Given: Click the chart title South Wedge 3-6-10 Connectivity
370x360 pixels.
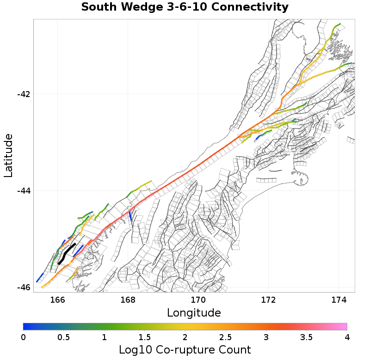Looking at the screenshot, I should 185,7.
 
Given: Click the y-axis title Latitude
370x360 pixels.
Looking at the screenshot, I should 8,155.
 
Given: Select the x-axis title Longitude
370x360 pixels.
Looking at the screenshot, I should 194,313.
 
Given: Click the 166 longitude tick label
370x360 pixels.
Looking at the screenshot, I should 57,300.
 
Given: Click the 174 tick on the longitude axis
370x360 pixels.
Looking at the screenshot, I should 339,300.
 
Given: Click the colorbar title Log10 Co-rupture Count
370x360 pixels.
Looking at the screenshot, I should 185,350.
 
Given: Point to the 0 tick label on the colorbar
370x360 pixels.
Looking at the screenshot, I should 23,337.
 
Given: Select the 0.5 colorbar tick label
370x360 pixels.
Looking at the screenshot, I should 63,337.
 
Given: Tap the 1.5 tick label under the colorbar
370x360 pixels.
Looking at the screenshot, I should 144,337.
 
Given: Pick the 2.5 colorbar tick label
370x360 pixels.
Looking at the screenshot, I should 225,337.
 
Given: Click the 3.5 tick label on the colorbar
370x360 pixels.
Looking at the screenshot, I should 306,337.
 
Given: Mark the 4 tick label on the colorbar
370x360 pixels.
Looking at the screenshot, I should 347,337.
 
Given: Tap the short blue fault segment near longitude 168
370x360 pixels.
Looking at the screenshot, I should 130,216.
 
